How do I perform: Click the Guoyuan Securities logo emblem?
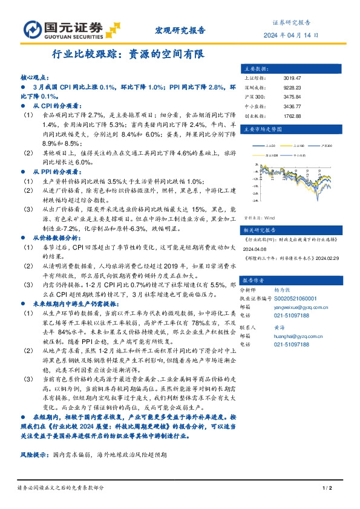point(32,29)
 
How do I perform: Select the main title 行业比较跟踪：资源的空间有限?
point(129,54)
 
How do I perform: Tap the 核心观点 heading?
point(34,79)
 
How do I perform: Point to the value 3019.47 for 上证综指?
point(292,78)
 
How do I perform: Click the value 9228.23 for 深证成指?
point(292,88)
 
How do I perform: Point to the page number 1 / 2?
point(324,488)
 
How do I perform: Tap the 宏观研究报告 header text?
point(181,30)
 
